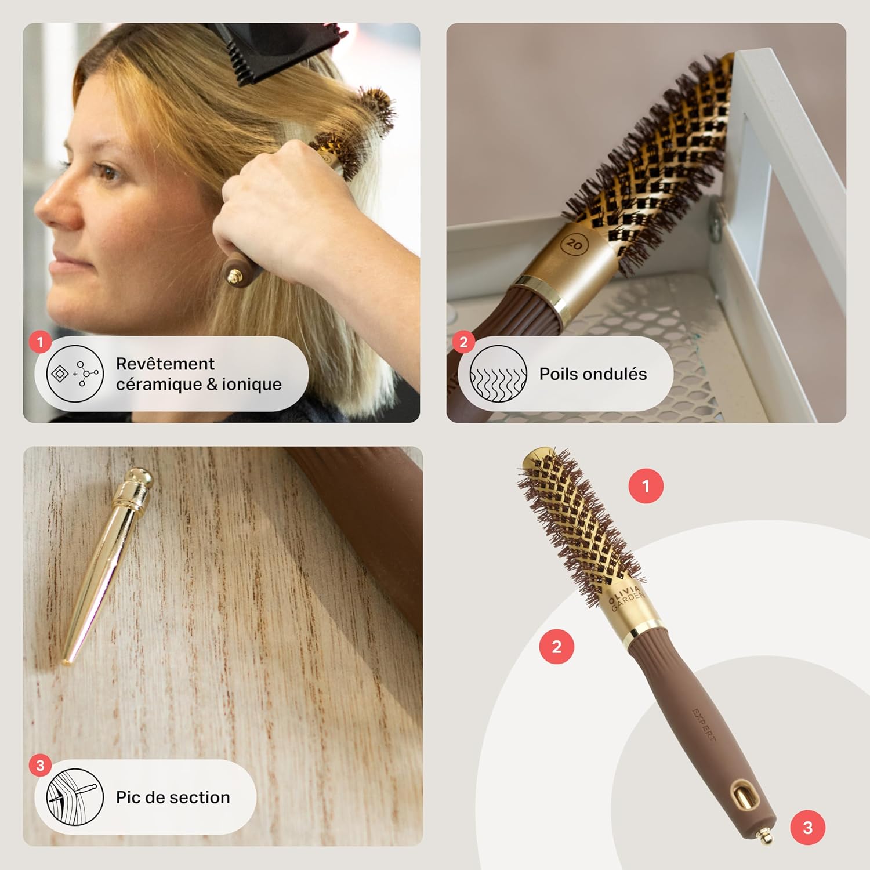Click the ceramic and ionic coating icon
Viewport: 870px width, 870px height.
[x=75, y=374]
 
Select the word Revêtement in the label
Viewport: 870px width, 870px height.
[x=165, y=364]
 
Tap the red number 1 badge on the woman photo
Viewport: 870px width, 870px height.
[x=40, y=342]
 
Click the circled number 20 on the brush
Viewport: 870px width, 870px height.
[x=574, y=244]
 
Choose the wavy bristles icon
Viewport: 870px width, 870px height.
[x=498, y=374]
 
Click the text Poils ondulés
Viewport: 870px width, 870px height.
[x=593, y=374]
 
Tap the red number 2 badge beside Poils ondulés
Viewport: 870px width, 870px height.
[x=463, y=342]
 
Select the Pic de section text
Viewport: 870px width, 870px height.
[x=173, y=797]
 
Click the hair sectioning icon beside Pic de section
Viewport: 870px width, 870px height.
[x=75, y=797]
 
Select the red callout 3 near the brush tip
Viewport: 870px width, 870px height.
[x=807, y=828]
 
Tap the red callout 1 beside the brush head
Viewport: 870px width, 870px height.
[x=646, y=486]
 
